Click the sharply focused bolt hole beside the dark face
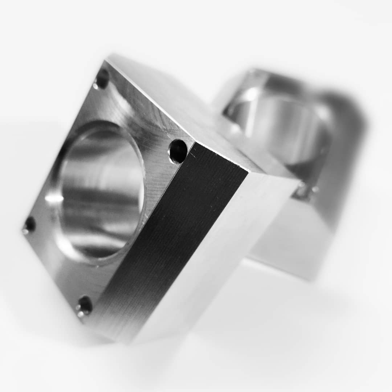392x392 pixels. point(178,151)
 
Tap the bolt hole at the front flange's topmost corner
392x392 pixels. point(102,79)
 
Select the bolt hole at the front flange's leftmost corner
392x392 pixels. point(29,225)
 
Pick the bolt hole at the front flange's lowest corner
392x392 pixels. point(85,306)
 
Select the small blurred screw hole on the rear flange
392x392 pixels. point(302,191)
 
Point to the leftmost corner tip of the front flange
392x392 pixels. point(23,230)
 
